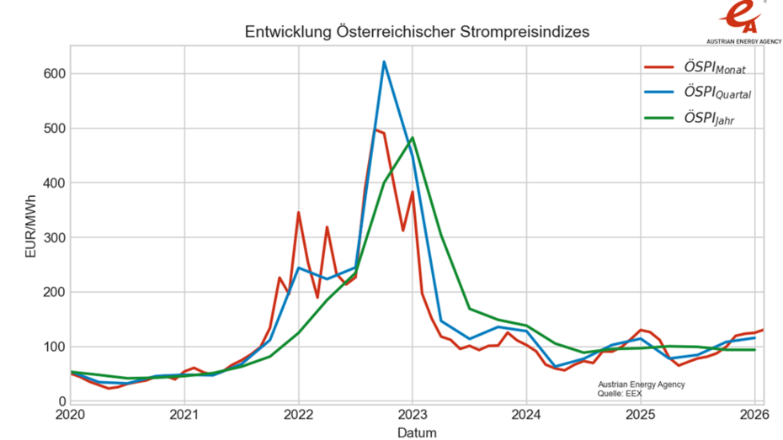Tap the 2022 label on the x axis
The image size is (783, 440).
tap(298, 415)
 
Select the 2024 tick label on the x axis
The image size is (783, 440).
tap(526, 415)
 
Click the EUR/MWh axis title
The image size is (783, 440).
tap(31, 228)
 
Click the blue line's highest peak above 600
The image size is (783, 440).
tap(384, 61)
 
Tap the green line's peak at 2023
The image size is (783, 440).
tap(413, 138)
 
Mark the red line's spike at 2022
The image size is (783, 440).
tap(298, 213)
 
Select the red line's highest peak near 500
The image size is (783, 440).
tap(376, 130)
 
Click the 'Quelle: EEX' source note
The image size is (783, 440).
tap(621, 393)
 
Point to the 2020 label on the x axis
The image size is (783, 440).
tap(70, 415)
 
